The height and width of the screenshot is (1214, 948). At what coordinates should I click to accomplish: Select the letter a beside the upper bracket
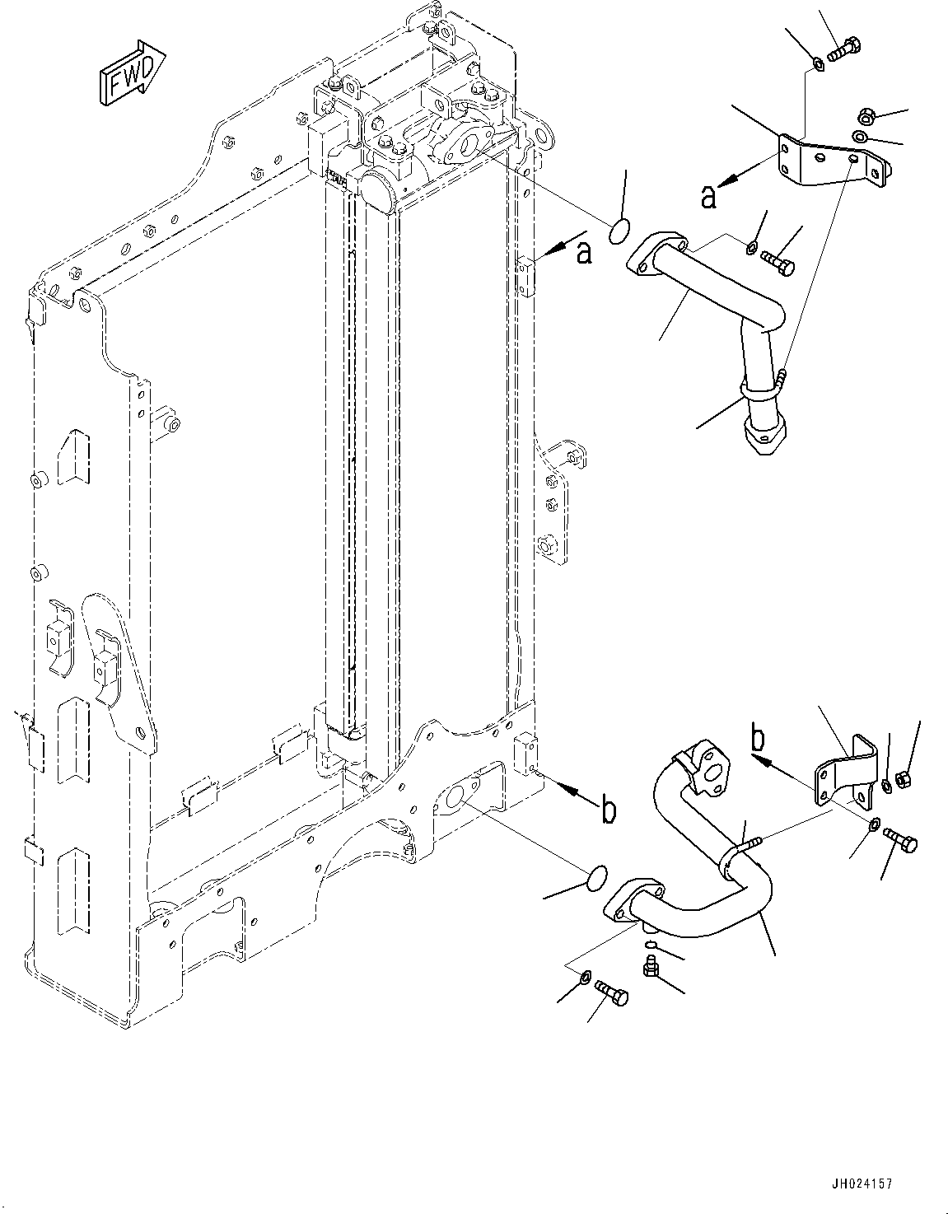click(x=708, y=197)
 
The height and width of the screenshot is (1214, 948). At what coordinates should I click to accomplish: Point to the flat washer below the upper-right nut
click(x=861, y=136)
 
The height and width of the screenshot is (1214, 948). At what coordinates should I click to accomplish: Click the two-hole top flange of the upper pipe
click(x=657, y=254)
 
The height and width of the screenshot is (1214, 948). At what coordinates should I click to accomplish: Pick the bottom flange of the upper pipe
click(x=763, y=437)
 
